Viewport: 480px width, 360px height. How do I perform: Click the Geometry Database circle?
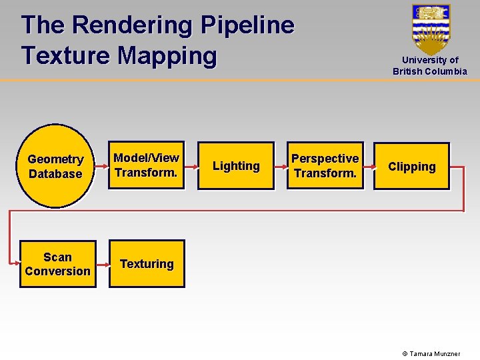(55, 166)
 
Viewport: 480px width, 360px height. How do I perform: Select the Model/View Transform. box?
(147, 165)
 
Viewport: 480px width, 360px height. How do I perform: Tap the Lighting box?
(236, 166)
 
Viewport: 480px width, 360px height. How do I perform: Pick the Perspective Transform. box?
(325, 166)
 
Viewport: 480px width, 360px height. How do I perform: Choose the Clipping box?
(411, 167)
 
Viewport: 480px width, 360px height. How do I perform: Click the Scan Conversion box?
(57, 264)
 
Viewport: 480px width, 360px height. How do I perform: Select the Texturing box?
(147, 264)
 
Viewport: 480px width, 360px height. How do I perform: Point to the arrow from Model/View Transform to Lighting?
(191, 167)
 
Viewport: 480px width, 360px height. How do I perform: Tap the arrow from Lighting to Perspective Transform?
(281, 167)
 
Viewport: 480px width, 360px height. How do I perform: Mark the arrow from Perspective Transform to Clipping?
(369, 167)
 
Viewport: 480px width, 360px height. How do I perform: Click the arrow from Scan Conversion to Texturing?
(103, 264)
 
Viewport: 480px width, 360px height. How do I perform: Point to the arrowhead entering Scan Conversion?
(16, 264)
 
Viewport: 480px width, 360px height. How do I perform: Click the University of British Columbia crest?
(431, 28)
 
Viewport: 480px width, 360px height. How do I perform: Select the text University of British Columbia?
(430, 65)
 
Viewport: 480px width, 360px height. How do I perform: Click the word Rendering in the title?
(131, 25)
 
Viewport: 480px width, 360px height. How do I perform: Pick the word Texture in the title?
(66, 55)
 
